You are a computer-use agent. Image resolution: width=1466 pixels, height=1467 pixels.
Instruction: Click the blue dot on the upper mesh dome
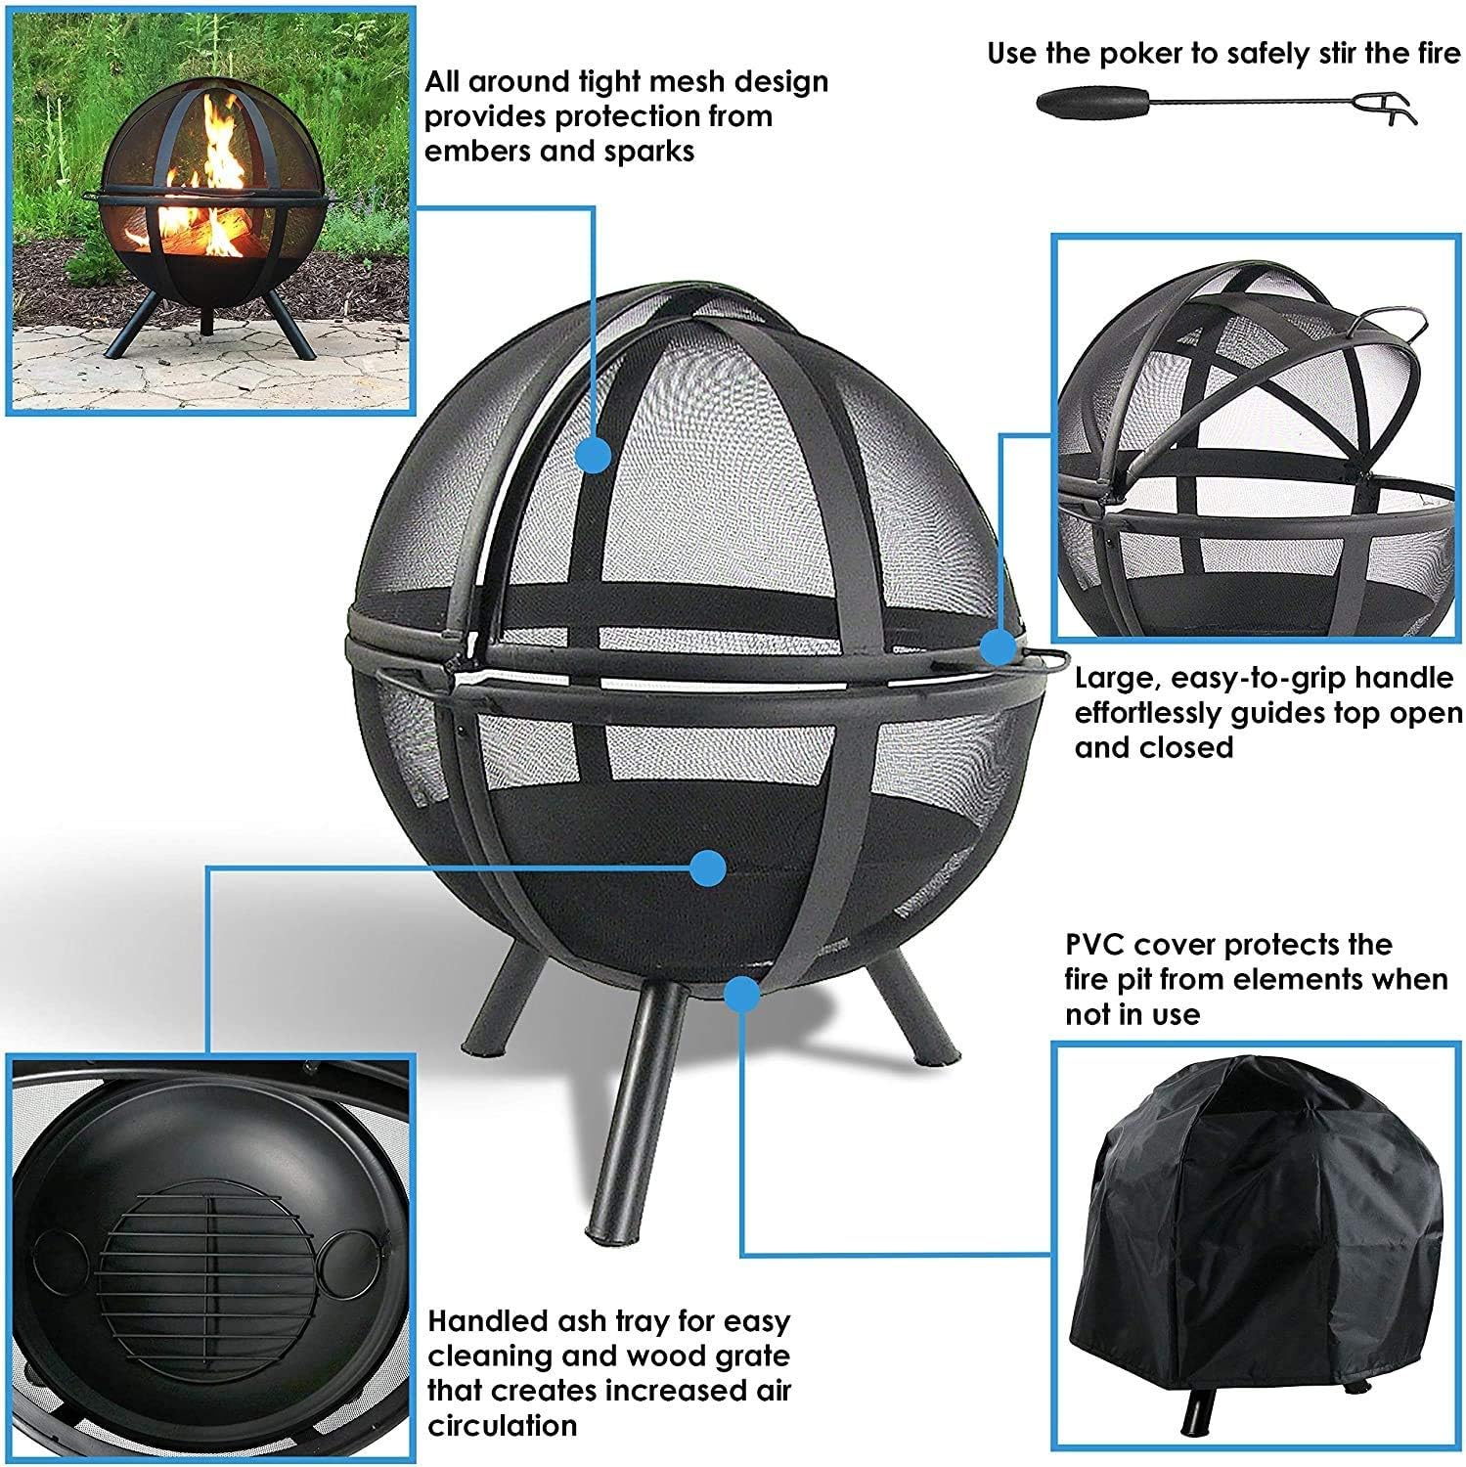[594, 455]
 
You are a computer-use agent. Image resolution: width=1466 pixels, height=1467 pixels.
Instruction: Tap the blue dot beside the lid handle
[998, 646]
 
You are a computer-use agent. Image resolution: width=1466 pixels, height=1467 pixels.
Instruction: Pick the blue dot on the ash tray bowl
[707, 867]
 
